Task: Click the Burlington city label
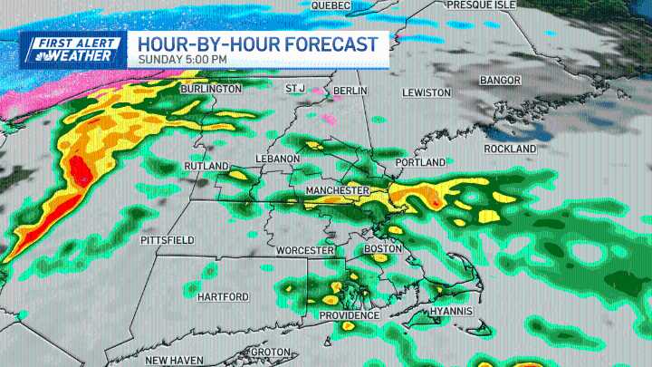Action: (x=211, y=89)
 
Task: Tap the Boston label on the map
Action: (x=380, y=248)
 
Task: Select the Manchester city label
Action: (x=337, y=190)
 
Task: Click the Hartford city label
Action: (x=222, y=297)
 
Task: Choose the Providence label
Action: (x=348, y=315)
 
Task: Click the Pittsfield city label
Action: (x=168, y=240)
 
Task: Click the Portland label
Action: (x=419, y=162)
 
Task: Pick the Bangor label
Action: (x=500, y=81)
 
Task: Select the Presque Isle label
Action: (x=482, y=5)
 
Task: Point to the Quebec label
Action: (x=331, y=5)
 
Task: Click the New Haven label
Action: (x=176, y=361)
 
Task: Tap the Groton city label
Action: (x=270, y=352)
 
